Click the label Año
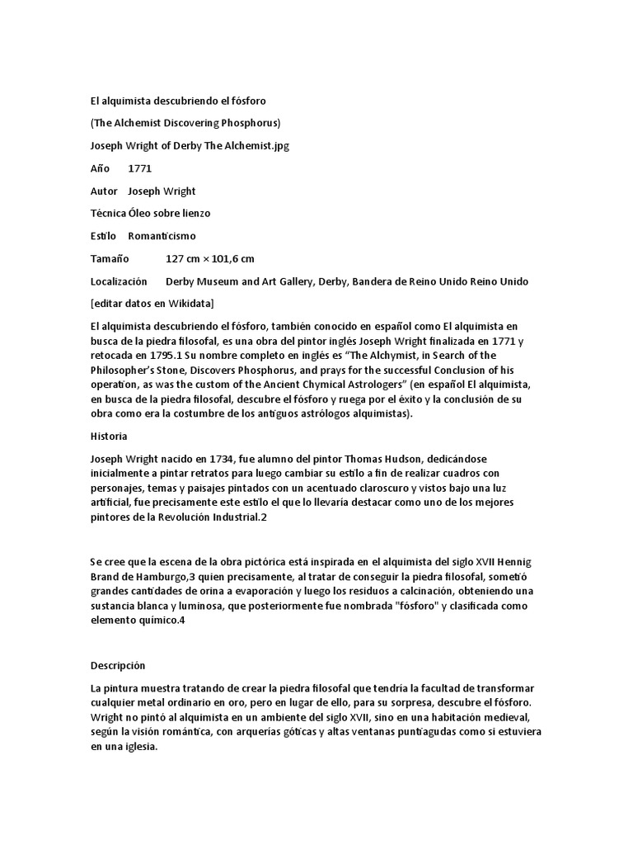coord(100,168)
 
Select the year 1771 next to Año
coord(140,168)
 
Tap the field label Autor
coord(103,191)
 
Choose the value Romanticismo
coord(162,236)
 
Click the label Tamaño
coord(110,258)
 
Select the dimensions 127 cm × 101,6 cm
coord(210,258)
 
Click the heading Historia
coord(108,435)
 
